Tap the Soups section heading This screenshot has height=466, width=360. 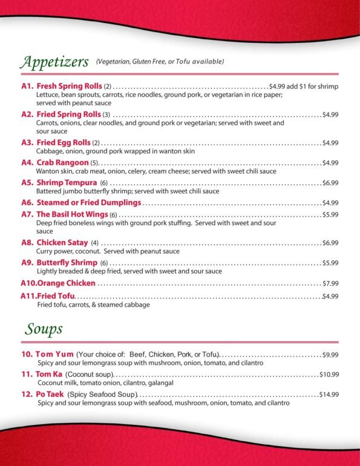[x=44, y=329]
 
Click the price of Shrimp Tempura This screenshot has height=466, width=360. [x=330, y=183]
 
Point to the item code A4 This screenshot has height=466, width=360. [x=27, y=163]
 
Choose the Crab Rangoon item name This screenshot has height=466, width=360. [x=62, y=163]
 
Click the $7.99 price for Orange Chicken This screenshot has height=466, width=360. [x=330, y=283]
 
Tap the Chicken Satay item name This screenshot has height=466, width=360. [x=63, y=243]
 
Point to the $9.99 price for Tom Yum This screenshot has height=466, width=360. [x=330, y=355]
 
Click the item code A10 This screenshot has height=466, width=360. [x=28, y=283]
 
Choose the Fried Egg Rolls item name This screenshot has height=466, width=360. [x=64, y=143]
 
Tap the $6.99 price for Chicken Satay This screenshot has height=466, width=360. [x=330, y=243]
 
